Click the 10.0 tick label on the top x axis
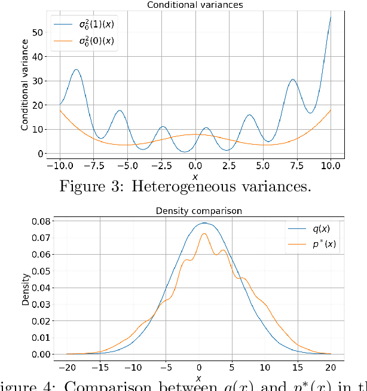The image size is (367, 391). point(331,166)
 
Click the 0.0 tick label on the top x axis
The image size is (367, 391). point(195,166)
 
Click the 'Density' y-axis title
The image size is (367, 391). point(25,289)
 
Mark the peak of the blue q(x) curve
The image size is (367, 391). point(204,223)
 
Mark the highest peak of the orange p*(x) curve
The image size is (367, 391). point(204,233)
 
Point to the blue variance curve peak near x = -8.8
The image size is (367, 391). point(76,69)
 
